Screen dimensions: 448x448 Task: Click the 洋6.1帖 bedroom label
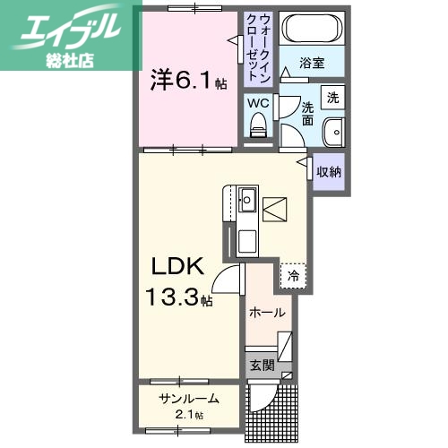[188, 82]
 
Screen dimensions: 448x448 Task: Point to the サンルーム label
[189, 398]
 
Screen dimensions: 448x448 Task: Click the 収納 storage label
[329, 171]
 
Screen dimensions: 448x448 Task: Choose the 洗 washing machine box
[332, 97]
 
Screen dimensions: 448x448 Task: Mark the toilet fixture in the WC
[259, 125]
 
